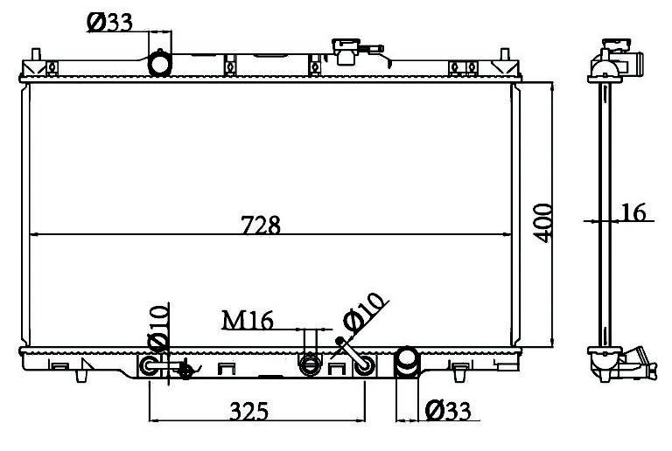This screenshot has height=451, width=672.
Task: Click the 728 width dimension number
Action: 261,225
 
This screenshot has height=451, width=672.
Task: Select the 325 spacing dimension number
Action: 249,411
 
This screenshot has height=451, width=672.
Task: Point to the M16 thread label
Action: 248,320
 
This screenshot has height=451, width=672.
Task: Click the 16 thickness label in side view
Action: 633,212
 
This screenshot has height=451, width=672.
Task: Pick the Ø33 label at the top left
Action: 109,22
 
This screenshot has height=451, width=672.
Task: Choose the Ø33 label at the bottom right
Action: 448,411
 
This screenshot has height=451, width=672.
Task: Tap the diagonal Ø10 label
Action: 362,313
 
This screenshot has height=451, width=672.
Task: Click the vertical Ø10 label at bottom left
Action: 157,327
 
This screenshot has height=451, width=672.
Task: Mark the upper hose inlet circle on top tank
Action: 160,64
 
